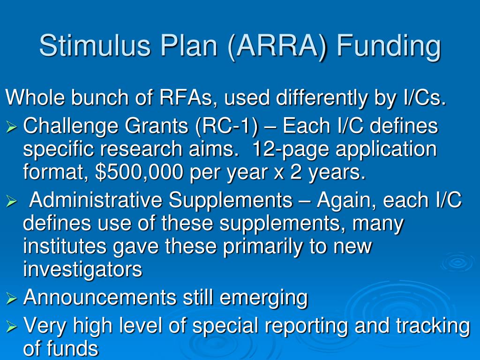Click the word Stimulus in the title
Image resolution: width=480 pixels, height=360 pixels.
[95, 45]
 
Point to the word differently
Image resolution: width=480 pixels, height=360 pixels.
[322, 98]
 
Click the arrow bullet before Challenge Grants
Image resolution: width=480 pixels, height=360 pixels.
[11, 127]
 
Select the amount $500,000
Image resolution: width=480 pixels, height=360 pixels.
[139, 172]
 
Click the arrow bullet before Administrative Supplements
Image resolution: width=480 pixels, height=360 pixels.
[11, 201]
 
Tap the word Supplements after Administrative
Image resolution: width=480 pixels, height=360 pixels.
[231, 201]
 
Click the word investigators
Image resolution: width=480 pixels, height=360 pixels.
[82, 270]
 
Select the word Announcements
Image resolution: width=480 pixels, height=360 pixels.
[100, 297]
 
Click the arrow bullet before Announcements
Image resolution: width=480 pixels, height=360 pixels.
[11, 299]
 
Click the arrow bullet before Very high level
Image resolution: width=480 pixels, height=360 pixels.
[11, 327]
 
